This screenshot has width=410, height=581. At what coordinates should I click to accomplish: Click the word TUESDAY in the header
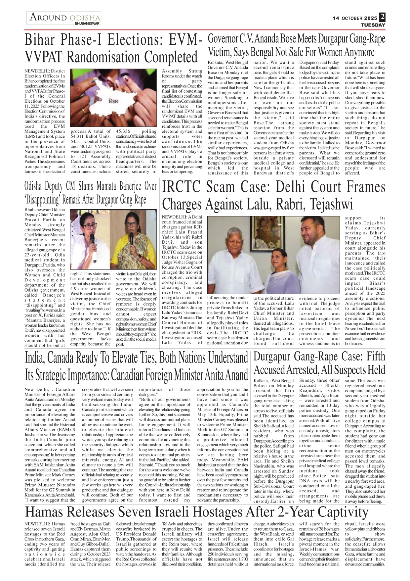[373, 25]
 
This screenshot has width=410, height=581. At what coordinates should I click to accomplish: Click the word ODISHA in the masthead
[85, 18]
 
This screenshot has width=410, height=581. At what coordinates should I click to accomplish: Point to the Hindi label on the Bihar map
[113, 101]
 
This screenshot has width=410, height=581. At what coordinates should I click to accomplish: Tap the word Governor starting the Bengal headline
[223, 39]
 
